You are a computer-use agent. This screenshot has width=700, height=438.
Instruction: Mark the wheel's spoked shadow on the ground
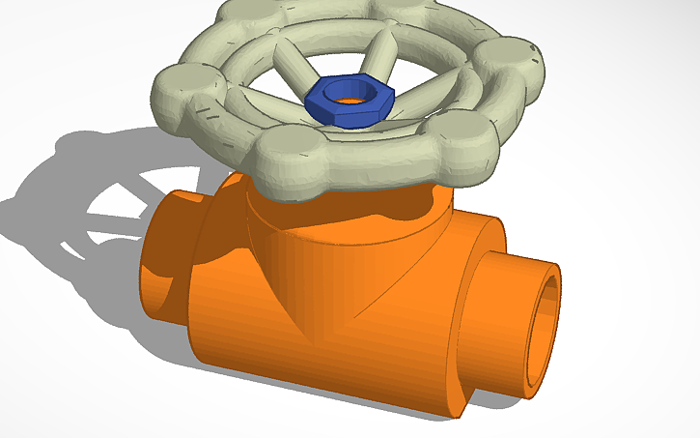pos(106,203)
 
